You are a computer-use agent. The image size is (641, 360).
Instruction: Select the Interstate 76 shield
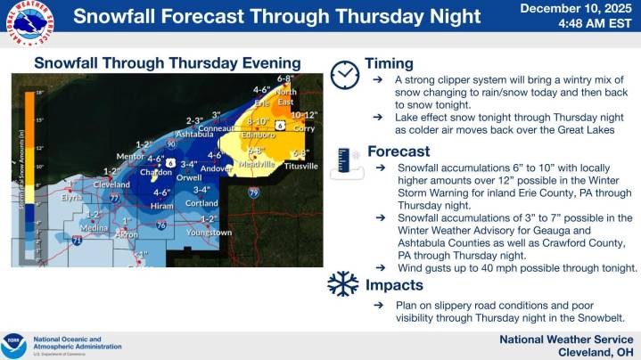pos(160,225)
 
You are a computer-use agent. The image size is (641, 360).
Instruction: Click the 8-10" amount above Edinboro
pos(258,120)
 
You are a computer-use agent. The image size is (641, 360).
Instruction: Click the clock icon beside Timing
pos(344,75)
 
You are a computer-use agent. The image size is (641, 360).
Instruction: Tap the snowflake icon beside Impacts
pos(343,285)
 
